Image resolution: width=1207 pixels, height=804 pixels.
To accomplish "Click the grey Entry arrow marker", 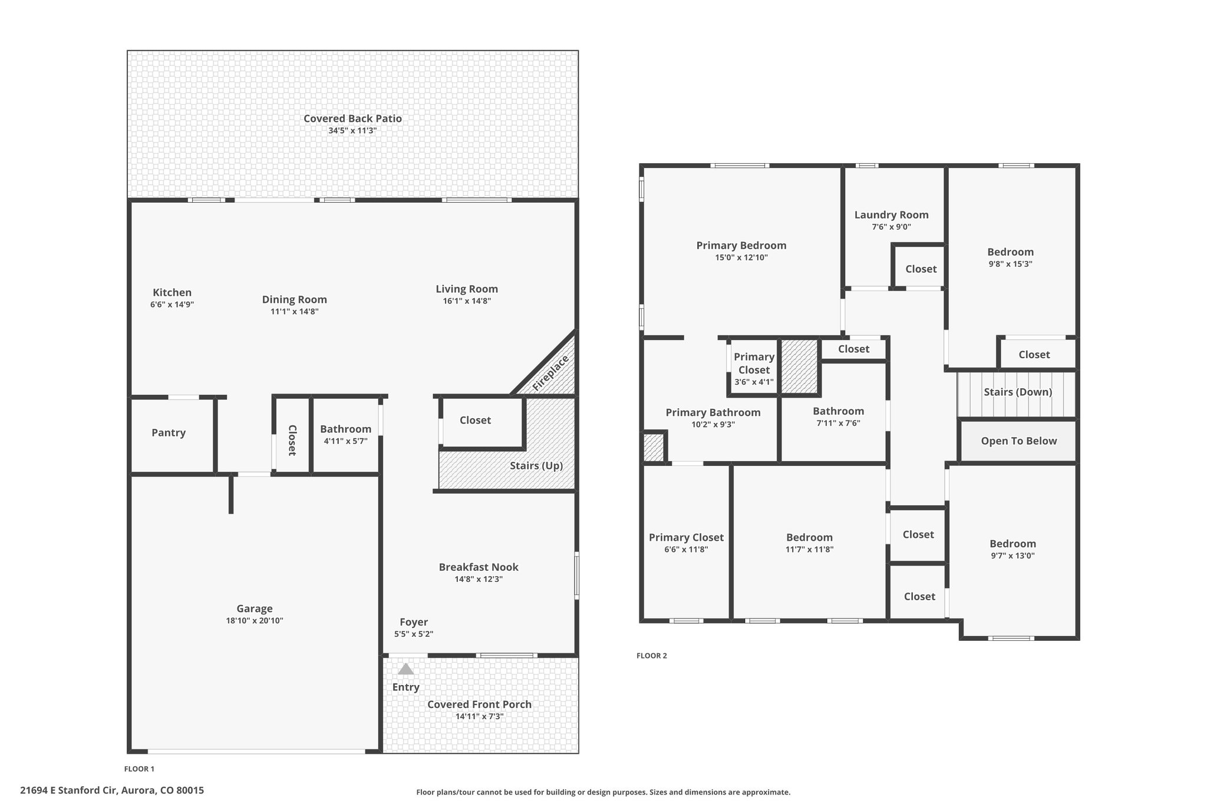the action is tap(405, 669).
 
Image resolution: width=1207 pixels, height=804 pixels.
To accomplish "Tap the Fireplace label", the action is tap(551, 373).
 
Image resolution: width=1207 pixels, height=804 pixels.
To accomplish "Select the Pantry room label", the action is tap(169, 433).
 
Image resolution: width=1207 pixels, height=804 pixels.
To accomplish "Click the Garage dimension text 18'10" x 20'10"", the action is tap(255, 621).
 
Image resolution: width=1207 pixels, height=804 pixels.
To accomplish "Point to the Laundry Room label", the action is tap(891, 215).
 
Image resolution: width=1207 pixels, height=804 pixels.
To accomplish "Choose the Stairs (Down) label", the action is tap(1018, 392).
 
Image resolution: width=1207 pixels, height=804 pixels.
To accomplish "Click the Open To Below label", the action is tap(1019, 441).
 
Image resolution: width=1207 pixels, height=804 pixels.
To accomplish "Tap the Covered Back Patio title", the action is tap(352, 118).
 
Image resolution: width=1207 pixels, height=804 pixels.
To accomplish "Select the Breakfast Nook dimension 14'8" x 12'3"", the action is tap(479, 580).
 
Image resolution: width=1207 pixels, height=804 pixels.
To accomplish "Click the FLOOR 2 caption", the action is tap(652, 656).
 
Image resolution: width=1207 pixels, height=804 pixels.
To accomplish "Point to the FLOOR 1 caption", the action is tap(139, 769).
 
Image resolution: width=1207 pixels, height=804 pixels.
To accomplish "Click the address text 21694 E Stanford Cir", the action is tap(70, 790).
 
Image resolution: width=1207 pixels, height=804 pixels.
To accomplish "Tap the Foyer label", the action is tap(414, 622).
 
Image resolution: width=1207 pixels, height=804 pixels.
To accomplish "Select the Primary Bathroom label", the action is tap(713, 412).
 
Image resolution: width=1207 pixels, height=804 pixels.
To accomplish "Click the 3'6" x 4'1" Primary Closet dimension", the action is tap(754, 382).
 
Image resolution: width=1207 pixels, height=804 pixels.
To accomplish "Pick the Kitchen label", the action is tap(172, 293).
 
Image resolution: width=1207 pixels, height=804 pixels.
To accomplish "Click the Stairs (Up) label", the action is tap(536, 466).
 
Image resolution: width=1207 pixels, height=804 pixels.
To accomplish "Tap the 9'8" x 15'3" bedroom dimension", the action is tap(1010, 264).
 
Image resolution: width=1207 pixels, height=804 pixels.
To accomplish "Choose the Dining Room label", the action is tap(295, 300).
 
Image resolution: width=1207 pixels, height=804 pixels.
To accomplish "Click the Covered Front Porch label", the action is tap(479, 704).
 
